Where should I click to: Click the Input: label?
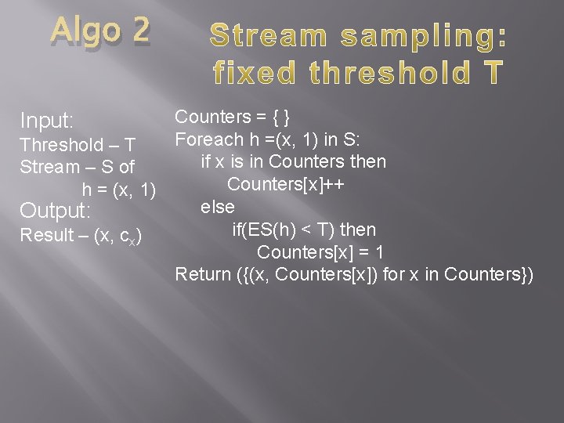click(47, 121)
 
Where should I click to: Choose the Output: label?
click(56, 211)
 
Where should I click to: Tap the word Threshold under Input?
click(62, 145)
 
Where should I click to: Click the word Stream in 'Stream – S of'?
click(49, 167)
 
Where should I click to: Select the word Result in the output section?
click(44, 235)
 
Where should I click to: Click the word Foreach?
click(209, 139)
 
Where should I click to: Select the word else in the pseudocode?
click(218, 207)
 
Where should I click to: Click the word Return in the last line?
click(202, 274)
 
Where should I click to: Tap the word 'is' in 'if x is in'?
click(237, 162)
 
